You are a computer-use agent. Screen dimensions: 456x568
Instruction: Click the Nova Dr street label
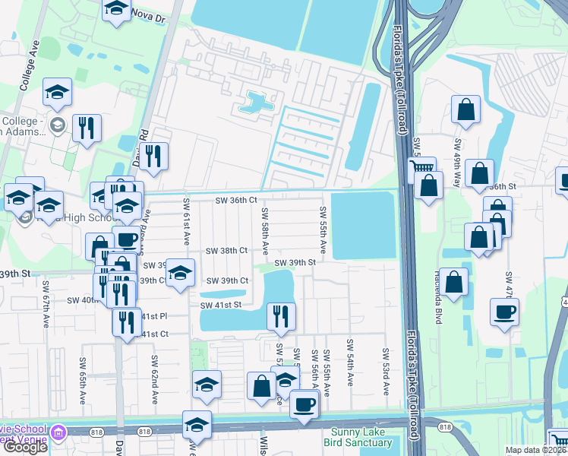tap(149, 13)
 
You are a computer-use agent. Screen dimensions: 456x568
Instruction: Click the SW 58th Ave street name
tap(265, 231)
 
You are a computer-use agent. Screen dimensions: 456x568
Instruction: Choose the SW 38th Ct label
tap(227, 250)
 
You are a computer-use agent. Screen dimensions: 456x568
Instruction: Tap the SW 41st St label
tap(220, 306)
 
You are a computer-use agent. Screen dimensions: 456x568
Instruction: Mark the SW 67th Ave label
tap(46, 312)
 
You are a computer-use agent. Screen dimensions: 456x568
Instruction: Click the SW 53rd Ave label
tap(386, 372)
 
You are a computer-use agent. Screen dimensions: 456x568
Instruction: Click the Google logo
tap(25, 447)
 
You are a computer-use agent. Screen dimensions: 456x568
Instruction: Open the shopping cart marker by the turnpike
tap(421, 168)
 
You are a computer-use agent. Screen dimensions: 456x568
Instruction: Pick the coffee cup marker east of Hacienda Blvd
tap(504, 312)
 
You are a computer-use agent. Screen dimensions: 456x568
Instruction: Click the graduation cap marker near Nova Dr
tap(115, 9)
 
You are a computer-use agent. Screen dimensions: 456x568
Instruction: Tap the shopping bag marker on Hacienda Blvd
tap(453, 282)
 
